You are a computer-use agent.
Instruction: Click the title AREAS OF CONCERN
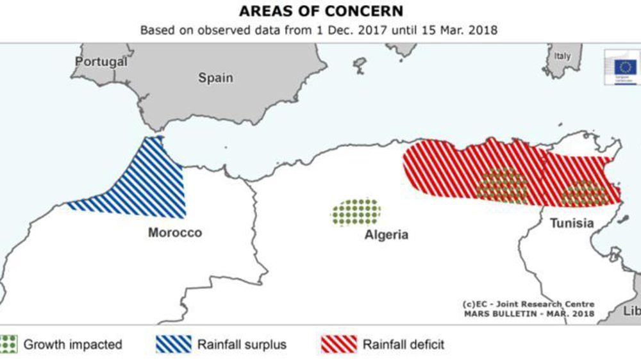pyautogui.click(x=320, y=12)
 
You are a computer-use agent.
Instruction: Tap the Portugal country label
pyautogui.click(x=101, y=62)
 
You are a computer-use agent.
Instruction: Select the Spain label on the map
pyautogui.click(x=215, y=78)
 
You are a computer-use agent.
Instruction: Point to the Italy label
pyautogui.click(x=562, y=56)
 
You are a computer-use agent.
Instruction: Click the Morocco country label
pyautogui.click(x=175, y=233)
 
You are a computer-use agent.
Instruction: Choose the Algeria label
pyautogui.click(x=386, y=234)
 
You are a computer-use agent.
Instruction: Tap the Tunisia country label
pyautogui.click(x=571, y=224)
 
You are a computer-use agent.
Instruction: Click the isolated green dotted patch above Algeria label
pyautogui.click(x=356, y=212)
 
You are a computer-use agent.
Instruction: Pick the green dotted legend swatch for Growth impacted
pyautogui.click(x=8, y=344)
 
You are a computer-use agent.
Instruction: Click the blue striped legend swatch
pyautogui.click(x=173, y=344)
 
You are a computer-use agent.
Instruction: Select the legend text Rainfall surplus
pyautogui.click(x=241, y=345)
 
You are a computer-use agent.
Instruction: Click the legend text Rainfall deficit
pyautogui.click(x=403, y=345)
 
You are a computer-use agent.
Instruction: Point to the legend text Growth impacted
pyautogui.click(x=72, y=345)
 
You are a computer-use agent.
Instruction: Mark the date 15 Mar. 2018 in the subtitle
pyautogui.click(x=469, y=29)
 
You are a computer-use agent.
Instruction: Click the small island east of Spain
pyautogui.click(x=360, y=63)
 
